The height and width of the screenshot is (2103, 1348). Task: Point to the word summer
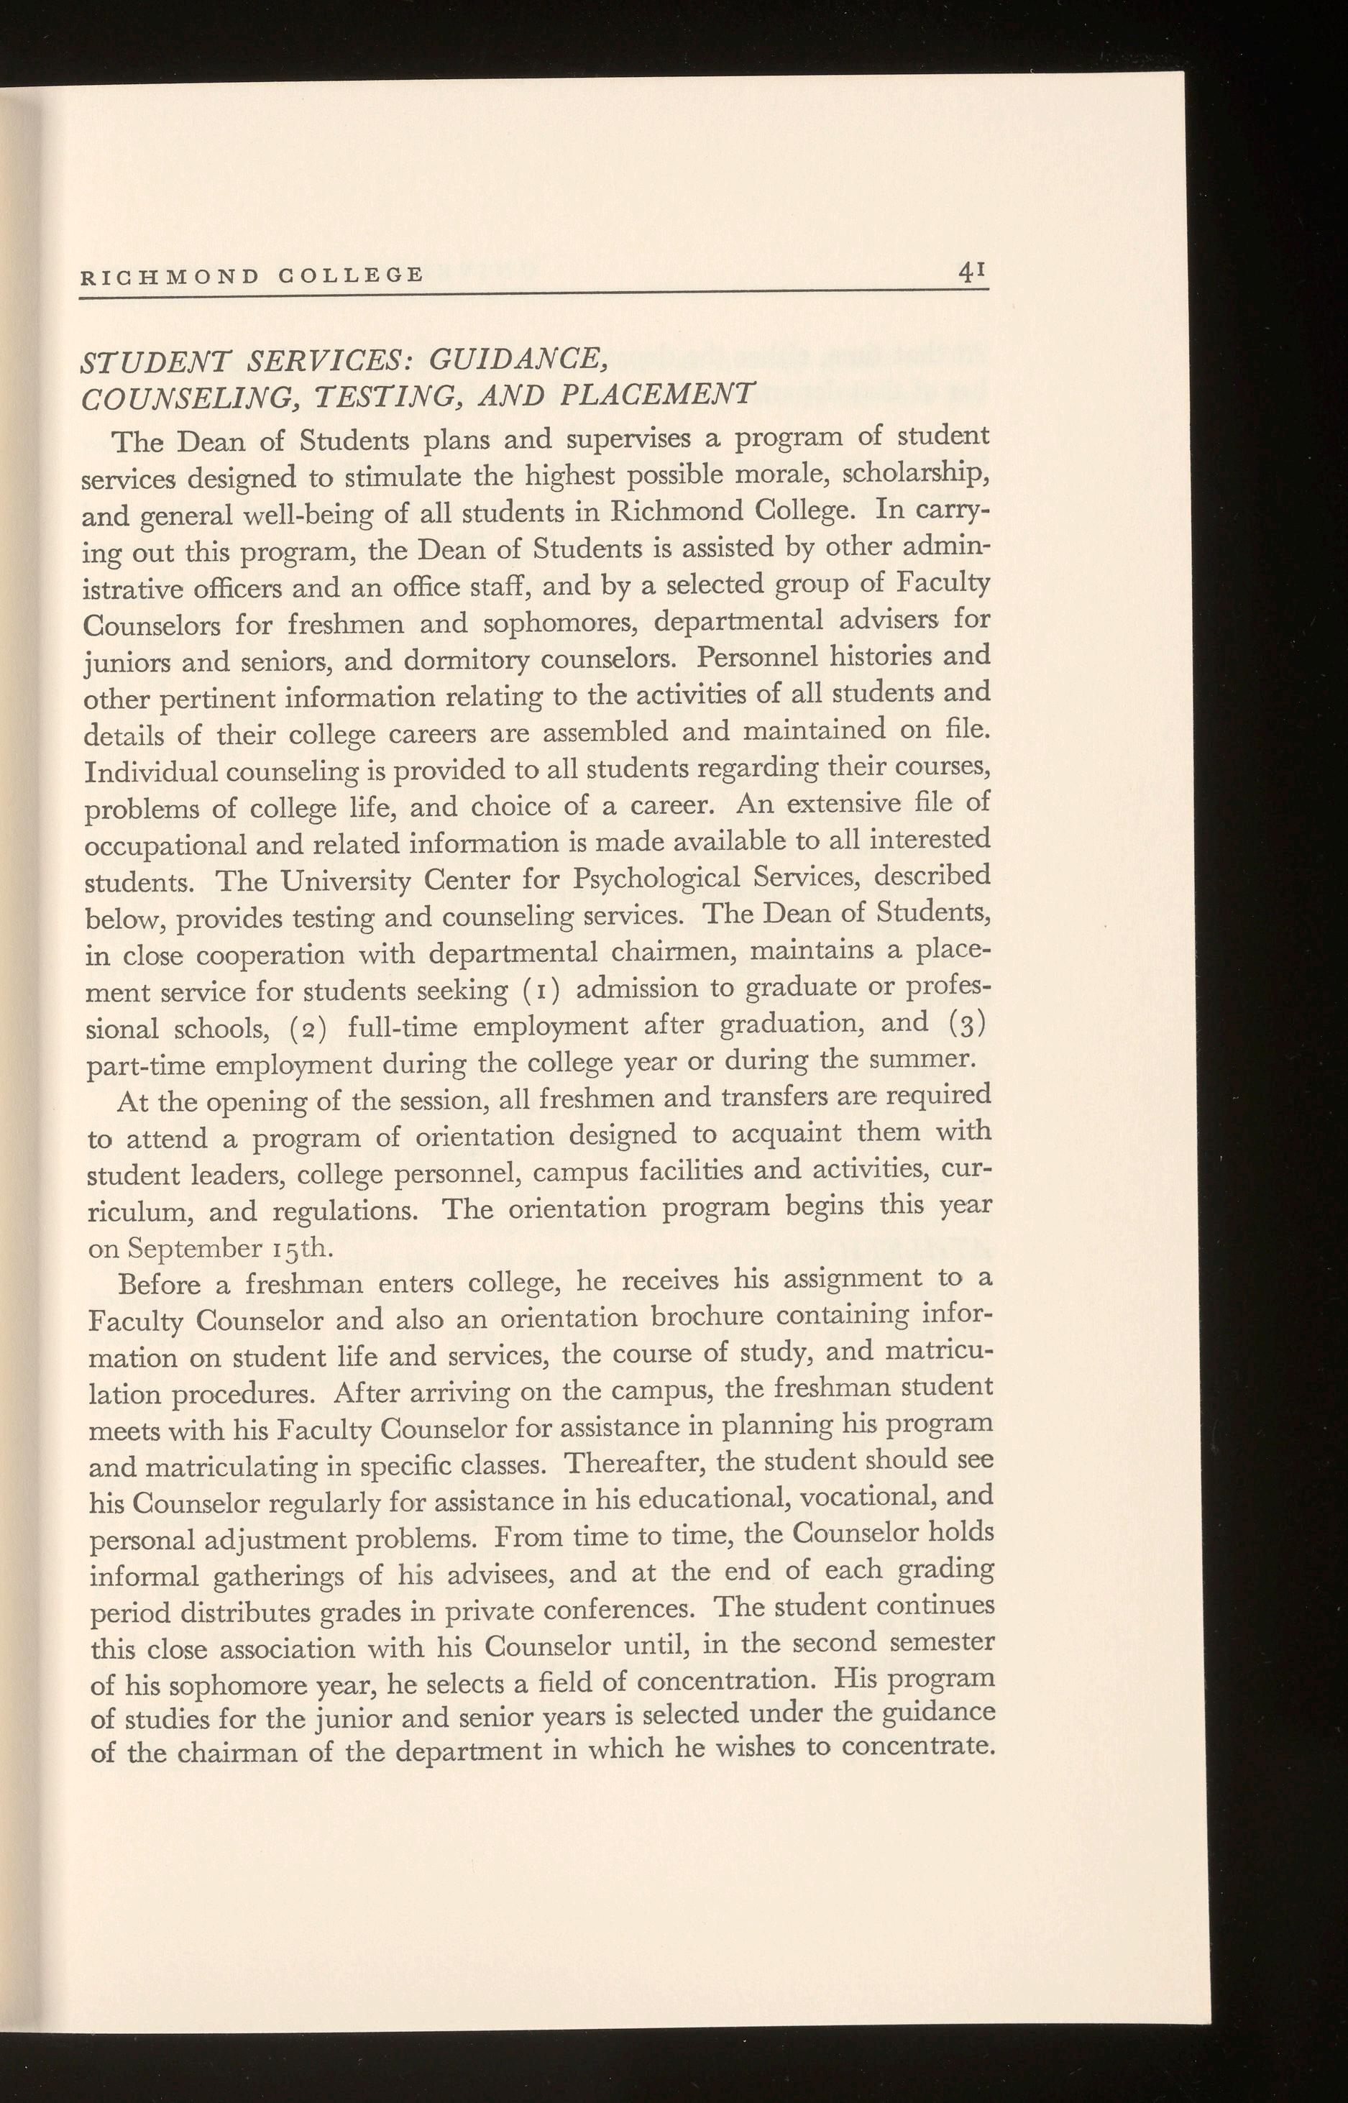928,1060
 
